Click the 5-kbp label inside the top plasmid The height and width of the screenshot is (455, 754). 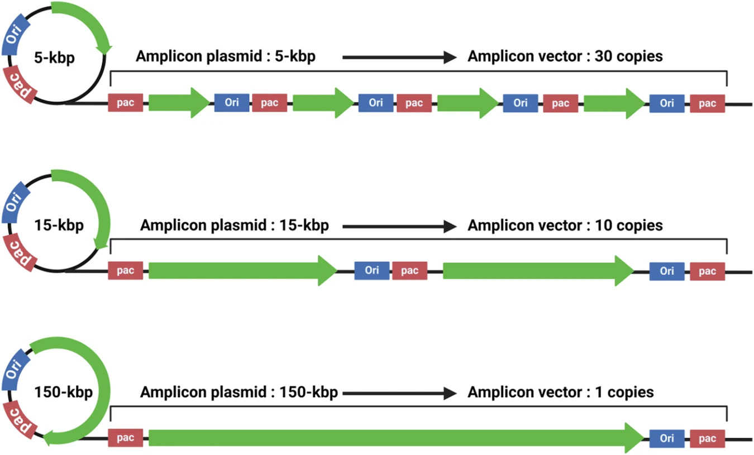(x=54, y=58)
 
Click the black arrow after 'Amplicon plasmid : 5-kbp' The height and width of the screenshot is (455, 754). (x=399, y=57)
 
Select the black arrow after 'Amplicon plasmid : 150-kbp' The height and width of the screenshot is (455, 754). (x=399, y=393)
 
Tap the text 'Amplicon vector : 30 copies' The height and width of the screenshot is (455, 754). (x=565, y=57)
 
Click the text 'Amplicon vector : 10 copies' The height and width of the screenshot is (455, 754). (x=565, y=226)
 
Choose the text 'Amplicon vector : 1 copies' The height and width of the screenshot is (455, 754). (x=560, y=392)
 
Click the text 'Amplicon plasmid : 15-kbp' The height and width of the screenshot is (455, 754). (x=234, y=226)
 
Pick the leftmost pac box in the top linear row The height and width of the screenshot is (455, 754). (x=125, y=103)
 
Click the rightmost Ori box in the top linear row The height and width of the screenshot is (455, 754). (x=666, y=103)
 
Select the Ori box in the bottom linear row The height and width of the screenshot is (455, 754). (x=666, y=438)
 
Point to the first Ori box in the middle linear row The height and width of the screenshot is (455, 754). (x=372, y=271)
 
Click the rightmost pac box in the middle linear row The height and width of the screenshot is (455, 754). (x=707, y=271)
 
